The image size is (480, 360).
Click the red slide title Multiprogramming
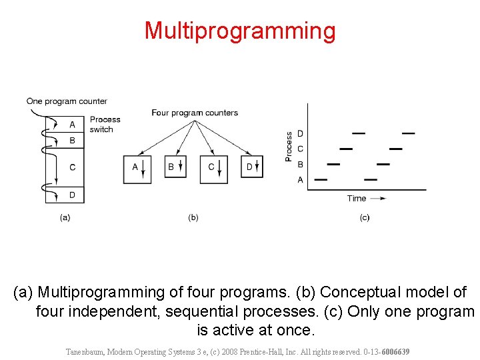[240, 31]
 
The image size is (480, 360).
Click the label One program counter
[67, 101]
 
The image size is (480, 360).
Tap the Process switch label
[105, 125]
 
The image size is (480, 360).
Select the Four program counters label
[195, 113]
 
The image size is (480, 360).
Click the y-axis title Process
[289, 146]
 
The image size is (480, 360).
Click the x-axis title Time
[357, 198]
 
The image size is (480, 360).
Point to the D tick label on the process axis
[300, 134]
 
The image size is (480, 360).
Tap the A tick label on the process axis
[300, 179]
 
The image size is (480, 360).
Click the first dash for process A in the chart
[321, 179]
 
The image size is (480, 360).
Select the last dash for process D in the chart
[408, 133]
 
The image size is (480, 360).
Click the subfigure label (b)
[193, 217]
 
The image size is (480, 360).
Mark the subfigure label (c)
[365, 217]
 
